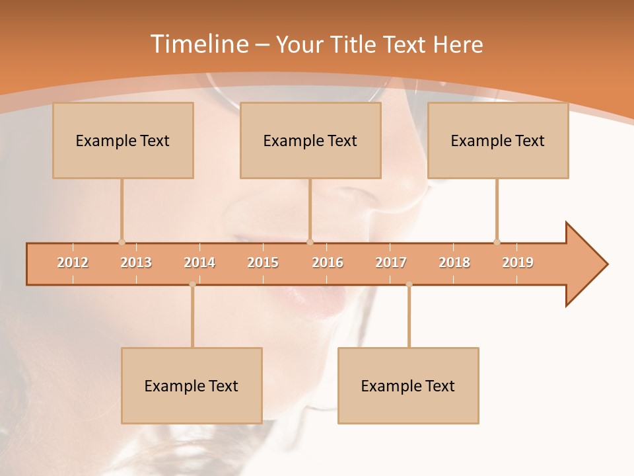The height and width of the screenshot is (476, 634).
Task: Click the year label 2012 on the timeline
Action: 73,262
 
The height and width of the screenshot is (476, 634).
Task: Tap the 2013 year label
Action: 136,262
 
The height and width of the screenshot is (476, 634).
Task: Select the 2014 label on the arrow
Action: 199,262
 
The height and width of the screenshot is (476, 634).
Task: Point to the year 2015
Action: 263,262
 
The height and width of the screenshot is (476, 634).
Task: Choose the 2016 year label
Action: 328,262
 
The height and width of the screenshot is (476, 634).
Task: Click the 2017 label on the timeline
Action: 391,262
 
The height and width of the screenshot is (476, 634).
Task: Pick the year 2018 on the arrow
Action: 454,262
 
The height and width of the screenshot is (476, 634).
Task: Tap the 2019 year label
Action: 518,262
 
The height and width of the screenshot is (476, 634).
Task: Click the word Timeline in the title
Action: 198,44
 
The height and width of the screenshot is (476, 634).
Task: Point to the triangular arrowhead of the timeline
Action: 584,264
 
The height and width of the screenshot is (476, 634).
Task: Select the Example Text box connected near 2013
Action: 123,140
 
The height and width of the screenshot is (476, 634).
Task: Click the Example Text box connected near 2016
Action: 310,140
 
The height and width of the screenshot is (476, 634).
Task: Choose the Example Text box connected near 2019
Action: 498,140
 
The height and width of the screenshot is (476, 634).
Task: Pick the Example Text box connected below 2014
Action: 192,385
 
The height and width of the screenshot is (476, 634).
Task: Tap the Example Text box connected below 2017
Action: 408,385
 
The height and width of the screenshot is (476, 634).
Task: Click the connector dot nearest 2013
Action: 122,242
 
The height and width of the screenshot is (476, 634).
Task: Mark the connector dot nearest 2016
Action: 310,242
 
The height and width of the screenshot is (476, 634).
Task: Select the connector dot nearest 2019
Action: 497,242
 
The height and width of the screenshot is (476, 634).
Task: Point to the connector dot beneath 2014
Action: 192,284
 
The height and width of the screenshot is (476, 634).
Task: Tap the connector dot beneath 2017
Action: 409,284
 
